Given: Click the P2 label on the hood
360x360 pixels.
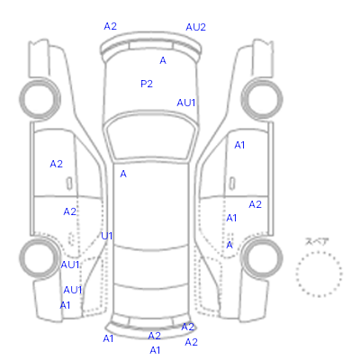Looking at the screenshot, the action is pyautogui.click(x=147, y=84).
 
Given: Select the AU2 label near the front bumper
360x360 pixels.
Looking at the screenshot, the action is pyautogui.click(x=195, y=27).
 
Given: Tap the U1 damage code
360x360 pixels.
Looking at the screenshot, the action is pyautogui.click(x=107, y=237).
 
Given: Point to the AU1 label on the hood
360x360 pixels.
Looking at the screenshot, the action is pyautogui.click(x=186, y=103).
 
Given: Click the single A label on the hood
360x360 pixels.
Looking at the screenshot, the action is pyautogui.click(x=163, y=60).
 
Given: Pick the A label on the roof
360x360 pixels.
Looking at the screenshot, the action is pyautogui.click(x=123, y=174).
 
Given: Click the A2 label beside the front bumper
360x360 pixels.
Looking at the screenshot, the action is pyautogui.click(x=110, y=26).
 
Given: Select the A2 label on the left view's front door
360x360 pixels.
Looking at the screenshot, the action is pyautogui.click(x=57, y=164).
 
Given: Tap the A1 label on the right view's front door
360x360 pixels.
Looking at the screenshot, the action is pyautogui.click(x=239, y=145).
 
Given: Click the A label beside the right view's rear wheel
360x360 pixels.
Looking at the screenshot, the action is pyautogui.click(x=229, y=245).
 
